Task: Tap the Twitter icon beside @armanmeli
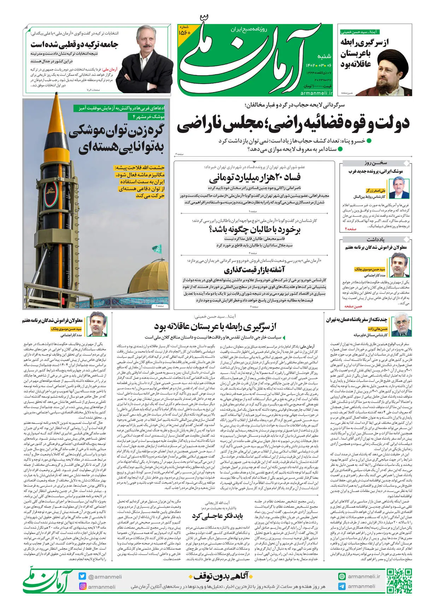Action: point(83,576)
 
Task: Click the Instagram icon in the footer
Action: point(83,586)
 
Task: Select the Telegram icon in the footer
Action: point(341,586)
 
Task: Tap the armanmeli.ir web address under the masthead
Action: point(316,93)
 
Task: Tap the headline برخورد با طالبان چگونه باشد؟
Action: point(254,230)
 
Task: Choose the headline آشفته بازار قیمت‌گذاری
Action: point(254,270)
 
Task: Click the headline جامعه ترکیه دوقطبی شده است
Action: point(74,44)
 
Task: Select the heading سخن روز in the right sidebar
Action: point(376,163)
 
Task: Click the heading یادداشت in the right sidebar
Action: point(376,239)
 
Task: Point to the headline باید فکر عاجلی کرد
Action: point(217,516)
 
